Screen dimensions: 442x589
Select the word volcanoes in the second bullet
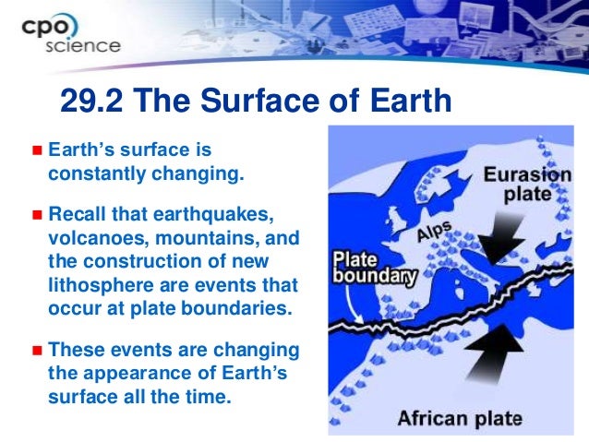point(94,239)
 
